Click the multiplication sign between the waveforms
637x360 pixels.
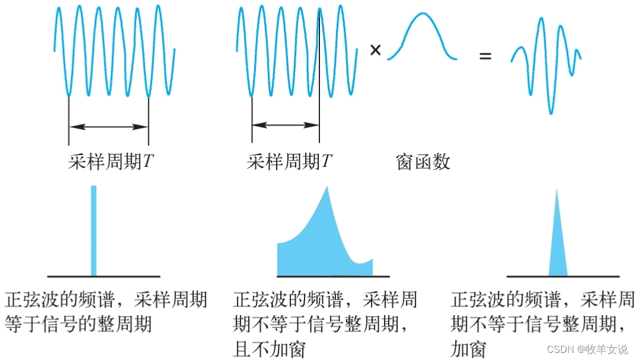(375, 50)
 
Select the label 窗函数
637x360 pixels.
(422, 162)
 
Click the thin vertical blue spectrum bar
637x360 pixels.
(93, 231)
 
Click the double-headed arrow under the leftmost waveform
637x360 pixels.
(108, 126)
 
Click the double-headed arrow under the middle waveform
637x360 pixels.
(285, 125)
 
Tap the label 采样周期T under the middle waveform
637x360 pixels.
(289, 162)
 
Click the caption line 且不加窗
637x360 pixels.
(269, 349)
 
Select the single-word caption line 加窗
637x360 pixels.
(468, 349)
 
